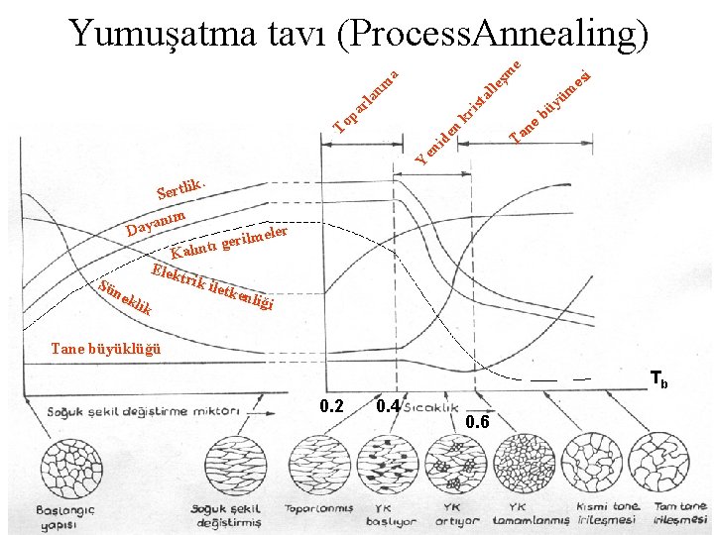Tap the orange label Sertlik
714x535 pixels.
point(180,187)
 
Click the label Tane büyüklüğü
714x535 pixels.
point(104,348)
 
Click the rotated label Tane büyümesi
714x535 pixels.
point(550,104)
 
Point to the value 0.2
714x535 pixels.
point(332,405)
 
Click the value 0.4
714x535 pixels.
point(389,405)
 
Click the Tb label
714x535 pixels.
point(658,379)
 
